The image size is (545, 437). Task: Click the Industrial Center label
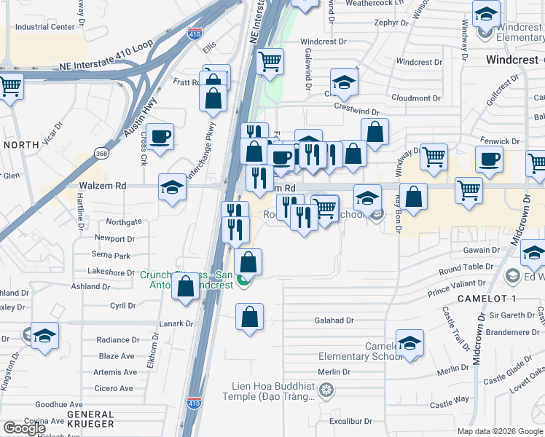click(x=45, y=27)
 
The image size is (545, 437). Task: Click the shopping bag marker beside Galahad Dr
click(x=249, y=317)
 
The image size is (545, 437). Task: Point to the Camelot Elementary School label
click(x=360, y=351)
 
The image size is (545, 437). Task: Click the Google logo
click(x=24, y=428)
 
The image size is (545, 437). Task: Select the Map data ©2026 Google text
click(x=500, y=431)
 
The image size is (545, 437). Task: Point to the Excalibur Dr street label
click(x=350, y=421)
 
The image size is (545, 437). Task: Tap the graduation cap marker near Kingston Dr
click(x=44, y=336)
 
